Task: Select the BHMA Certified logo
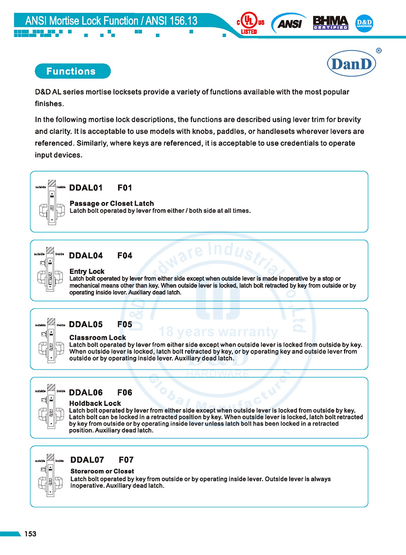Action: [x=330, y=22]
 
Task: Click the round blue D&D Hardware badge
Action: [x=364, y=23]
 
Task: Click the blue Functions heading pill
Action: [x=71, y=71]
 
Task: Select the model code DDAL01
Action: [x=86, y=188]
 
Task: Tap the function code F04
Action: [x=124, y=255]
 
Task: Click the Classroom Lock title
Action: [x=97, y=338]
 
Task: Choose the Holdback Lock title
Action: [x=95, y=404]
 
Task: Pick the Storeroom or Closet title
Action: [x=102, y=471]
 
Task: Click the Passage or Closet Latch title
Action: [x=112, y=204]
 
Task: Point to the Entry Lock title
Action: [x=87, y=272]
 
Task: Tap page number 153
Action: [x=30, y=534]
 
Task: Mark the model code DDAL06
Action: [x=86, y=393]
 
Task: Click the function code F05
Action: [x=124, y=324]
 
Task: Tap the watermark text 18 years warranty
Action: [x=218, y=333]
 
